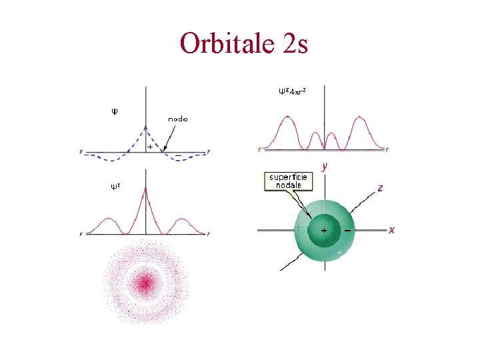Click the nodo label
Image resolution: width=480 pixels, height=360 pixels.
pos(178,119)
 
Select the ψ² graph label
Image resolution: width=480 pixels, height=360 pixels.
pos(115,186)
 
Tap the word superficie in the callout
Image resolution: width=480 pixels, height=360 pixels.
pos(288,177)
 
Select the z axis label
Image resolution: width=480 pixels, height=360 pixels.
pos(379,188)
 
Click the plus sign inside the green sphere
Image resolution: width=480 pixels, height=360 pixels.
pos(324,230)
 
